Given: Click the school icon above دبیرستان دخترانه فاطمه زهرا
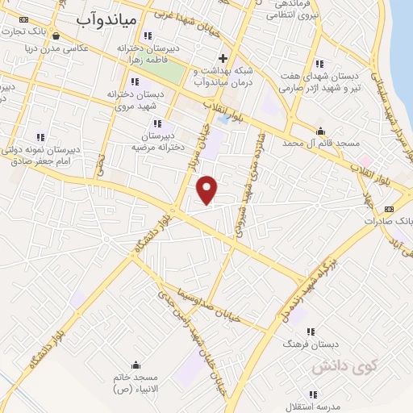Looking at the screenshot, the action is [147, 35].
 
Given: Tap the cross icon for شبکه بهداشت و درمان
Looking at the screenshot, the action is [223, 59].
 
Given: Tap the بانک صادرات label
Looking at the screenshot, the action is [387, 219].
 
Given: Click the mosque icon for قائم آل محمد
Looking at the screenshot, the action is [322, 131].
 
